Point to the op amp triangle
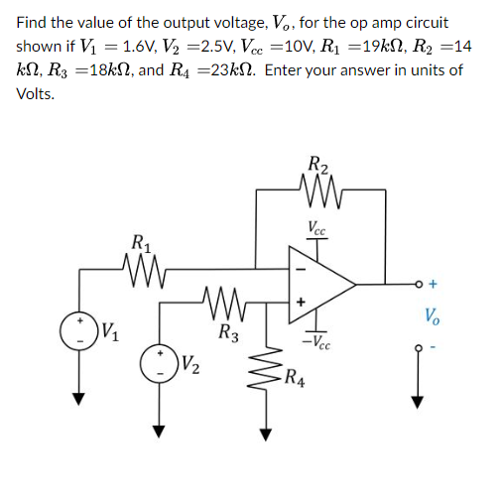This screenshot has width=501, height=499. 318,284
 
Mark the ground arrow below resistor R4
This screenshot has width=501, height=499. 264,431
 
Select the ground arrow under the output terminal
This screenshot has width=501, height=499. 418,398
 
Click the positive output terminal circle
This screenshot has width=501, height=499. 418,284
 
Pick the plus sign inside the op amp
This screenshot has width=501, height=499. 299,299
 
